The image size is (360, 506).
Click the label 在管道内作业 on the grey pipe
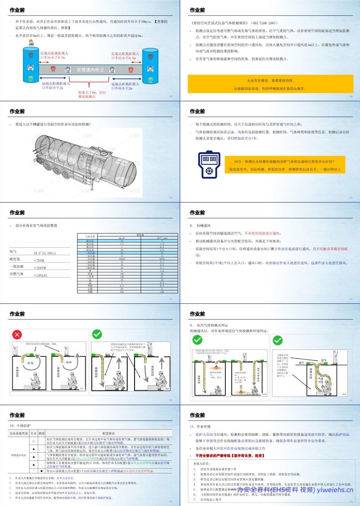(90, 70)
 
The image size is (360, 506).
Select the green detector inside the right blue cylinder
(151, 79)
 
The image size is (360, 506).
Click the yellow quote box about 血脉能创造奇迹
(270, 84)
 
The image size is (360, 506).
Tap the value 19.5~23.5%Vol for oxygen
(45, 253)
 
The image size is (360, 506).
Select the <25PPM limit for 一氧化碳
(39, 268)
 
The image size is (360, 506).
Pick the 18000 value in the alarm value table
(122, 259)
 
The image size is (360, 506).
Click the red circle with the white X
(17, 334)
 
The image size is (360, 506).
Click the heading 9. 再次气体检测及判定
(210, 326)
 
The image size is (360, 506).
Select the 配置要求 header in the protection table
(109, 433)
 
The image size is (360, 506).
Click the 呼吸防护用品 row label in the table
(19, 455)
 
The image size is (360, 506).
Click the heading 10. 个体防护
(21, 426)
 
